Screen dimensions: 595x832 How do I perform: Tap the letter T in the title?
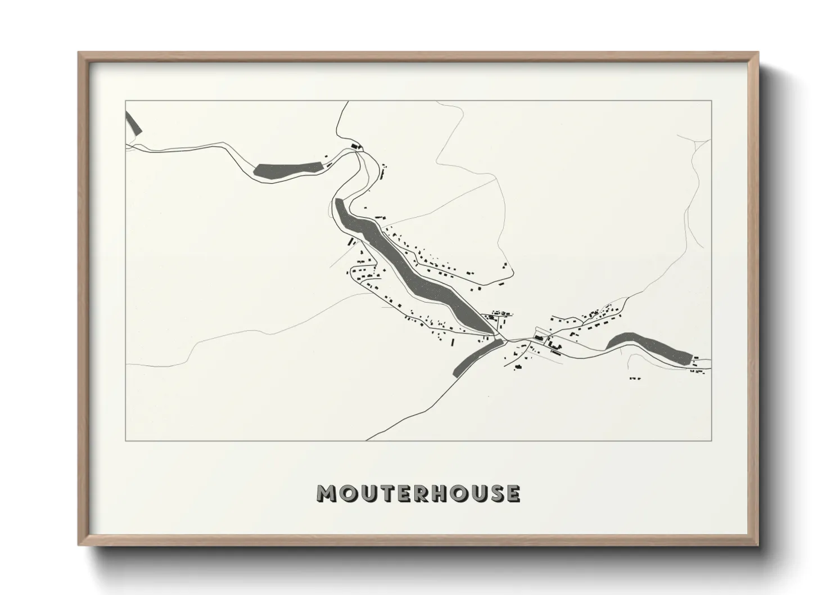[x=386, y=493]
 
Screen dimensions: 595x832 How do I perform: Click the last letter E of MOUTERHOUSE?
[x=512, y=493]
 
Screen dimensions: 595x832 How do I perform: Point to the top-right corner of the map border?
[x=712, y=101]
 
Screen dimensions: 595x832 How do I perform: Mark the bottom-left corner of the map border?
[x=125, y=440]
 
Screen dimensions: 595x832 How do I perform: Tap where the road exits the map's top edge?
[x=348, y=101]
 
